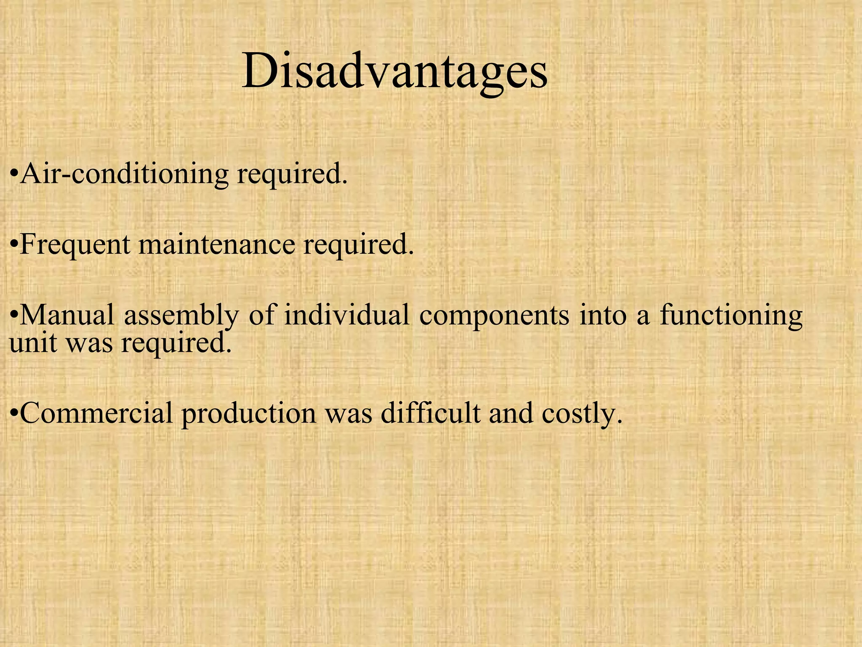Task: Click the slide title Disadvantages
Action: click(x=394, y=71)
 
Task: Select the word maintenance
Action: click(x=216, y=244)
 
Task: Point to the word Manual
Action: click(x=67, y=315)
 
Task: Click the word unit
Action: click(x=33, y=343)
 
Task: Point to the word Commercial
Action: click(x=96, y=413)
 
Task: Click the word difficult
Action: click(x=430, y=413)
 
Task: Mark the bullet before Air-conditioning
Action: click(x=14, y=174)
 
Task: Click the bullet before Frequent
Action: click(x=14, y=244)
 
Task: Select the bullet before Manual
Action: click(x=14, y=315)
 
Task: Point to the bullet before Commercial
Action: click(x=14, y=413)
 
